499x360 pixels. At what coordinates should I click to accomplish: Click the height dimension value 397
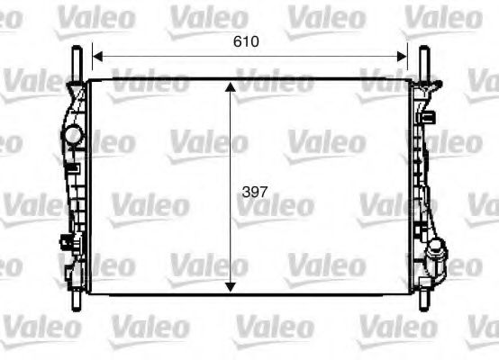(255, 191)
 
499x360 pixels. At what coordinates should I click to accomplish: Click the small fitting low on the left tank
(65, 242)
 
